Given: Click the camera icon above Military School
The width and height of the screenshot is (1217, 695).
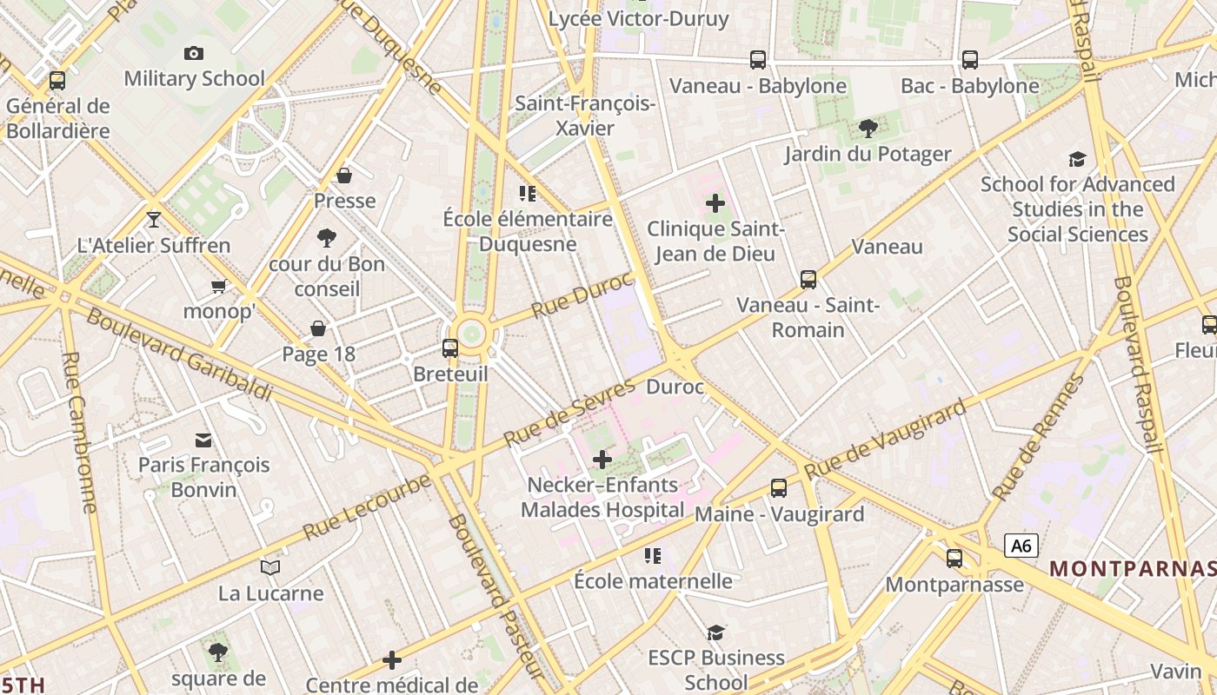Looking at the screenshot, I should click(x=194, y=53).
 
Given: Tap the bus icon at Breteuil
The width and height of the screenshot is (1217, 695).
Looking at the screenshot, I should click(x=449, y=348).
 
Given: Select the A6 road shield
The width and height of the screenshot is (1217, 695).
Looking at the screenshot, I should click(x=1021, y=546).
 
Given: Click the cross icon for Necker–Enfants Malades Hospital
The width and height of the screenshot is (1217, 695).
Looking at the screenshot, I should click(x=602, y=459).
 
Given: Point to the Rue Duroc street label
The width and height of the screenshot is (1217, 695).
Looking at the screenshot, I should click(x=582, y=295).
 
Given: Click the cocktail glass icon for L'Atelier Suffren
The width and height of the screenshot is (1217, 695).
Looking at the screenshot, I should click(x=154, y=219).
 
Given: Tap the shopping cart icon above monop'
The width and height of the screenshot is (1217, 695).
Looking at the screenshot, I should click(x=218, y=286).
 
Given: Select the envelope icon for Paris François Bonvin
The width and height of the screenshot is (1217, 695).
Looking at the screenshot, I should click(x=203, y=440).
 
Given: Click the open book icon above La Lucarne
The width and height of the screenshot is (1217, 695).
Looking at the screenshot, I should click(x=270, y=568).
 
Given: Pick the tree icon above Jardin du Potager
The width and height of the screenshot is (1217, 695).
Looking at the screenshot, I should click(x=868, y=129).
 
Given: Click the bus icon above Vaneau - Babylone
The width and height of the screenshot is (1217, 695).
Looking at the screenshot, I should click(x=758, y=60).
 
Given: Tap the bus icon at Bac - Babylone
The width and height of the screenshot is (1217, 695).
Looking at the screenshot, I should click(x=969, y=60).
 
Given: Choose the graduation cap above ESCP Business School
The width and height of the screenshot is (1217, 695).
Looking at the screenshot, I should click(x=715, y=632).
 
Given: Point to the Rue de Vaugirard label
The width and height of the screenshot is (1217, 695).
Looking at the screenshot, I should click(x=884, y=440).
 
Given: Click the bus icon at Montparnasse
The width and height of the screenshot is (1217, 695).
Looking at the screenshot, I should click(x=954, y=559).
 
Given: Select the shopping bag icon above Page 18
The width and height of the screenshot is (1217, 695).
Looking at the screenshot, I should click(x=318, y=328).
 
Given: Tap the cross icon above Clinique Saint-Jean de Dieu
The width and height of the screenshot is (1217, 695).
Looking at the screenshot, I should click(x=715, y=203).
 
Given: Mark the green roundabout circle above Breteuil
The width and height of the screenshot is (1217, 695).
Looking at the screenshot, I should click(x=471, y=333).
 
